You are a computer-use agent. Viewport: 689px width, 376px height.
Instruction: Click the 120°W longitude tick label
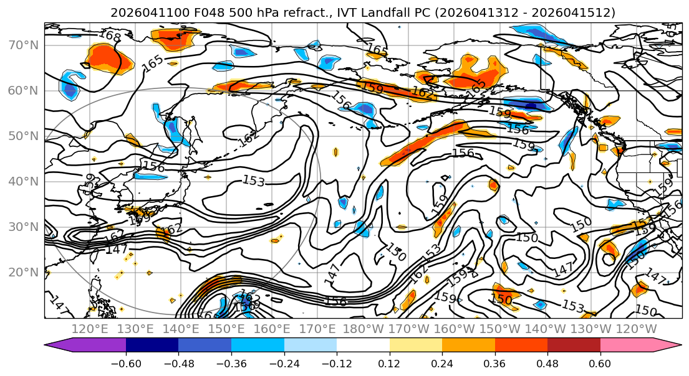[x=637, y=329]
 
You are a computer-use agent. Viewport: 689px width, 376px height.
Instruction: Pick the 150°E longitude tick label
[x=227, y=329]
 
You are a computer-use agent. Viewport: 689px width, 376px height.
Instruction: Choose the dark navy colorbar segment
[x=152, y=345]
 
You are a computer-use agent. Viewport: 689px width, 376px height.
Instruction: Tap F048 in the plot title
[x=183, y=12]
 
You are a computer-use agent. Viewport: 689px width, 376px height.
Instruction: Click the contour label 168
[x=110, y=36]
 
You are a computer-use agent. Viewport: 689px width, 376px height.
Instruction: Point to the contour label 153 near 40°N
[x=254, y=181]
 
